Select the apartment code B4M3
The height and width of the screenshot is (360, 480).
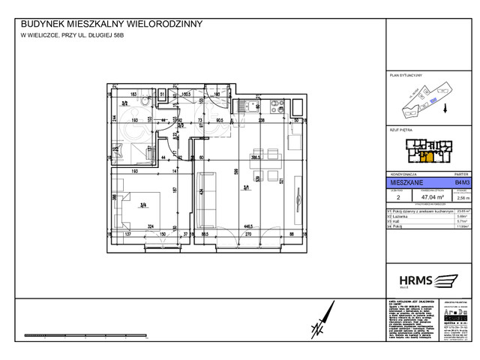(462, 182)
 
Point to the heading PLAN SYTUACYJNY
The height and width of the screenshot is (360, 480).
(406, 76)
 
